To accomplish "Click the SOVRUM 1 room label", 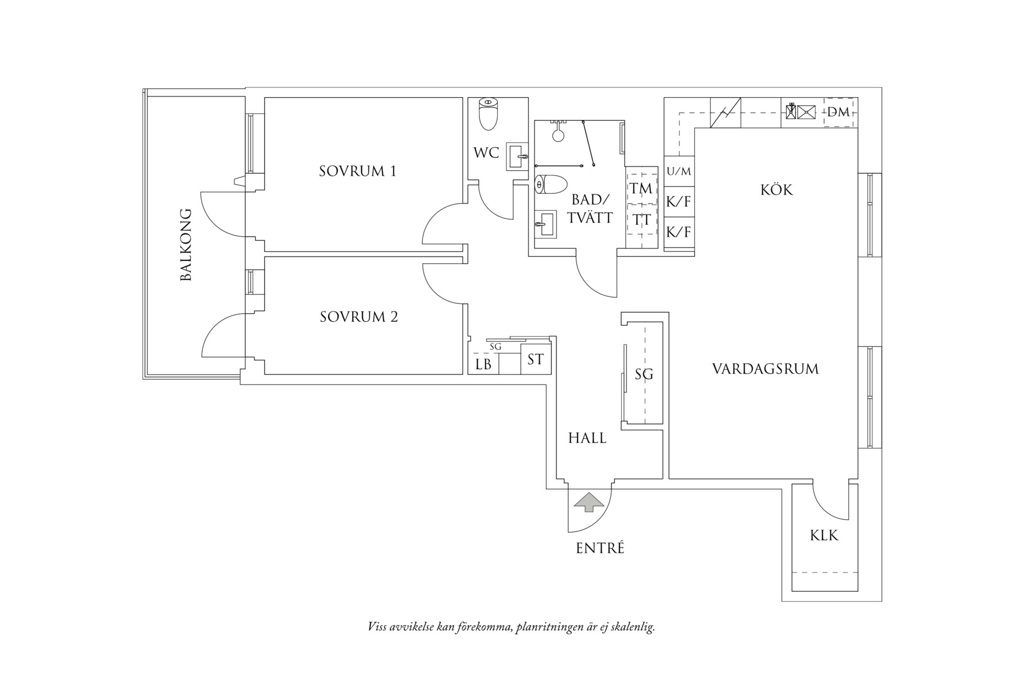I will click(x=357, y=171).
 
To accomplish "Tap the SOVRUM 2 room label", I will click(x=359, y=317).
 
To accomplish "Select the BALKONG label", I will click(x=186, y=245).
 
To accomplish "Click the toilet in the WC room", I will click(x=487, y=114).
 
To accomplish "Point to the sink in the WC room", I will click(x=517, y=156).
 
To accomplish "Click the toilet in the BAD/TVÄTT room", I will click(x=551, y=184).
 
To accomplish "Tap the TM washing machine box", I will click(x=641, y=188).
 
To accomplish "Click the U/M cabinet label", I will click(x=679, y=171).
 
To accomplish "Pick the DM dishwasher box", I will click(x=839, y=112).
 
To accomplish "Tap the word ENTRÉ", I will click(x=600, y=548).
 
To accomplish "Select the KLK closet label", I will click(x=824, y=535).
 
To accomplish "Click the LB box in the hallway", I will click(x=483, y=364).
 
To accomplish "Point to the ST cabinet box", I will click(x=536, y=360).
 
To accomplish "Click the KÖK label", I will click(x=776, y=190).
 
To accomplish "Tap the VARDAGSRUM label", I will click(x=765, y=368).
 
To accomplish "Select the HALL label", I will click(x=587, y=438).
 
